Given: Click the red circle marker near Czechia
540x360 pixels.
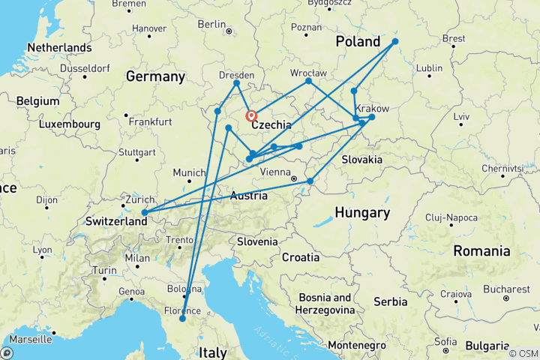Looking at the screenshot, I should click(251, 115).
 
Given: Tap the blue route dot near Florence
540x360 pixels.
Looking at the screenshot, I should click(182, 319).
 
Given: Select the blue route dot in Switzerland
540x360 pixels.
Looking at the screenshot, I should click(144, 213).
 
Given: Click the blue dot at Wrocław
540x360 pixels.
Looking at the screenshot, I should click(308, 80).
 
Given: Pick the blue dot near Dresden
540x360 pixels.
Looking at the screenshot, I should click(236, 82).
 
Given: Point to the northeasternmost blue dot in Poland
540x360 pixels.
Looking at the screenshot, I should click(395, 41).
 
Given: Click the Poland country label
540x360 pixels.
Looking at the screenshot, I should click(358, 40).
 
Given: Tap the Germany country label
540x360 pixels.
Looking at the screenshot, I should click(155, 76).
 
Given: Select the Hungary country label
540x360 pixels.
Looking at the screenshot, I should click(362, 213).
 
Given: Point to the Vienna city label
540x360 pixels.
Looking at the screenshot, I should click(273, 172).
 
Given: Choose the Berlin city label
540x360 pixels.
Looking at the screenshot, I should click(211, 24).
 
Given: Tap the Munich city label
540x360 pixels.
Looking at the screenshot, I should click(187, 172).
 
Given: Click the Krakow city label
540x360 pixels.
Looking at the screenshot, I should click(372, 108).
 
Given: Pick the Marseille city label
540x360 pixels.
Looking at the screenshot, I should click(31, 339).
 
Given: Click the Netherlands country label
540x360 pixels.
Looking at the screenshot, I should click(58, 47).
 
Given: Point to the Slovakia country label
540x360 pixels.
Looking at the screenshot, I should click(362, 160).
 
